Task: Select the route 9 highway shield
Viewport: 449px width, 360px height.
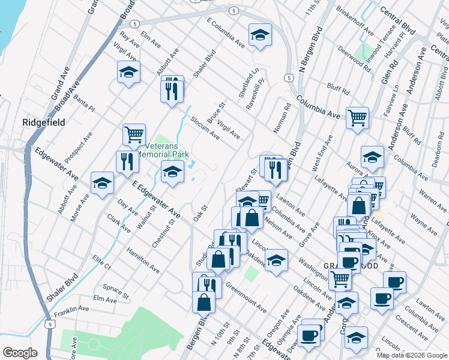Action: [x=52, y=324]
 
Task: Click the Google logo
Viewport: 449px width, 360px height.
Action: [x=20, y=353]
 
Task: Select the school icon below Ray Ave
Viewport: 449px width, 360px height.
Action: [x=128, y=72]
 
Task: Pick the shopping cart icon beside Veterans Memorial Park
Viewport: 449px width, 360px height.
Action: [x=134, y=134]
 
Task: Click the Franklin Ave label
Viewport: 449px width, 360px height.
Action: [x=71, y=311]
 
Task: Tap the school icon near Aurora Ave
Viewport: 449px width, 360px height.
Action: [x=372, y=157]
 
